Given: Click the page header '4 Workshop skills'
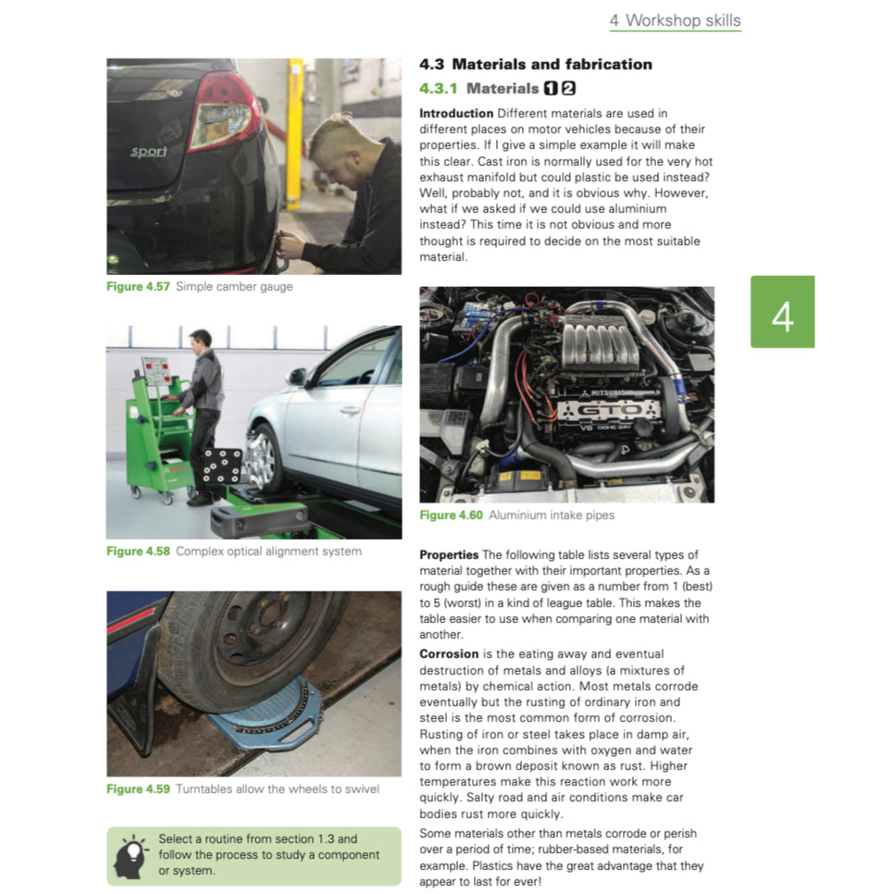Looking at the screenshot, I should click(675, 20).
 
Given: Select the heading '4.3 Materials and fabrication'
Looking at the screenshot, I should click(535, 65).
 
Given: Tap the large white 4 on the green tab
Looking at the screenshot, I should click(782, 313).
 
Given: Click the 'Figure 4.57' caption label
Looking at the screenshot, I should click(138, 287).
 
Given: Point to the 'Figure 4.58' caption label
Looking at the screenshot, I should click(138, 552).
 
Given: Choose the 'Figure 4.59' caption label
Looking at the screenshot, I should click(138, 789).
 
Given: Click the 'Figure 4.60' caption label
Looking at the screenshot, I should click(451, 515).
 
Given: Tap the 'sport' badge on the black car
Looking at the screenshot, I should click(148, 152).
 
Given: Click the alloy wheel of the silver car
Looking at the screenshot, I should click(264, 457).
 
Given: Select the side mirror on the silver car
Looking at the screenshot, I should click(297, 377).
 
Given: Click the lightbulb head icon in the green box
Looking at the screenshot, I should click(130, 856).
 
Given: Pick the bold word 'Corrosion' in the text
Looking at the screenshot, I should click(449, 653).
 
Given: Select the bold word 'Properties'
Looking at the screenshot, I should click(449, 554).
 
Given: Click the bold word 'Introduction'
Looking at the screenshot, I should click(456, 113).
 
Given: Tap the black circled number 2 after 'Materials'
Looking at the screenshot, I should click(568, 89).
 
